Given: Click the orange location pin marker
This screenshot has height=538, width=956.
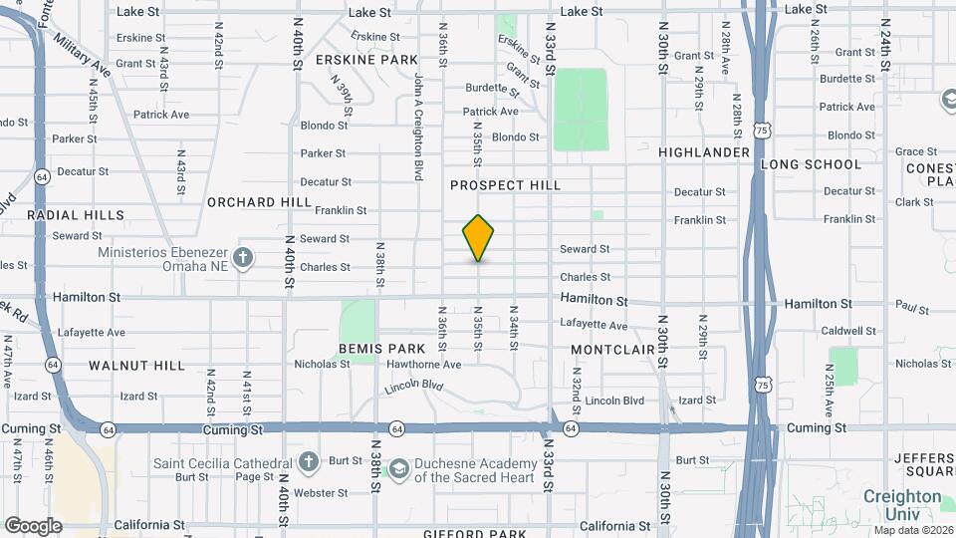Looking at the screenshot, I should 479,238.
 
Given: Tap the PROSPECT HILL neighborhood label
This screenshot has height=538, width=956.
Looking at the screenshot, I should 505,185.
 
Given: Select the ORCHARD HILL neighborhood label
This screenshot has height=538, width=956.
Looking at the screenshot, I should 259,202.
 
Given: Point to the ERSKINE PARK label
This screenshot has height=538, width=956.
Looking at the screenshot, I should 366,60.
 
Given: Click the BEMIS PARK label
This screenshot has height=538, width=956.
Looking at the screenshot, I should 381,349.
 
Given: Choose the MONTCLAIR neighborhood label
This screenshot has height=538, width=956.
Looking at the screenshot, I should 612,350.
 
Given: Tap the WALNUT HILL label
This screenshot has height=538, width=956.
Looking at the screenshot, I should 136,366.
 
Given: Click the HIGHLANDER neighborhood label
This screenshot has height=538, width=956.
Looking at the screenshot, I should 704,152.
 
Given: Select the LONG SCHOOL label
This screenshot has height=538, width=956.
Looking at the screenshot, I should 811,164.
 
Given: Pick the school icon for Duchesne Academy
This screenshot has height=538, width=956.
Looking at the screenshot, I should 398,468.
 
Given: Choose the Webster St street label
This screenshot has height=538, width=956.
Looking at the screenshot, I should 319,493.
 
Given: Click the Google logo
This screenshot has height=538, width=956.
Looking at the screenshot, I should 33,526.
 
